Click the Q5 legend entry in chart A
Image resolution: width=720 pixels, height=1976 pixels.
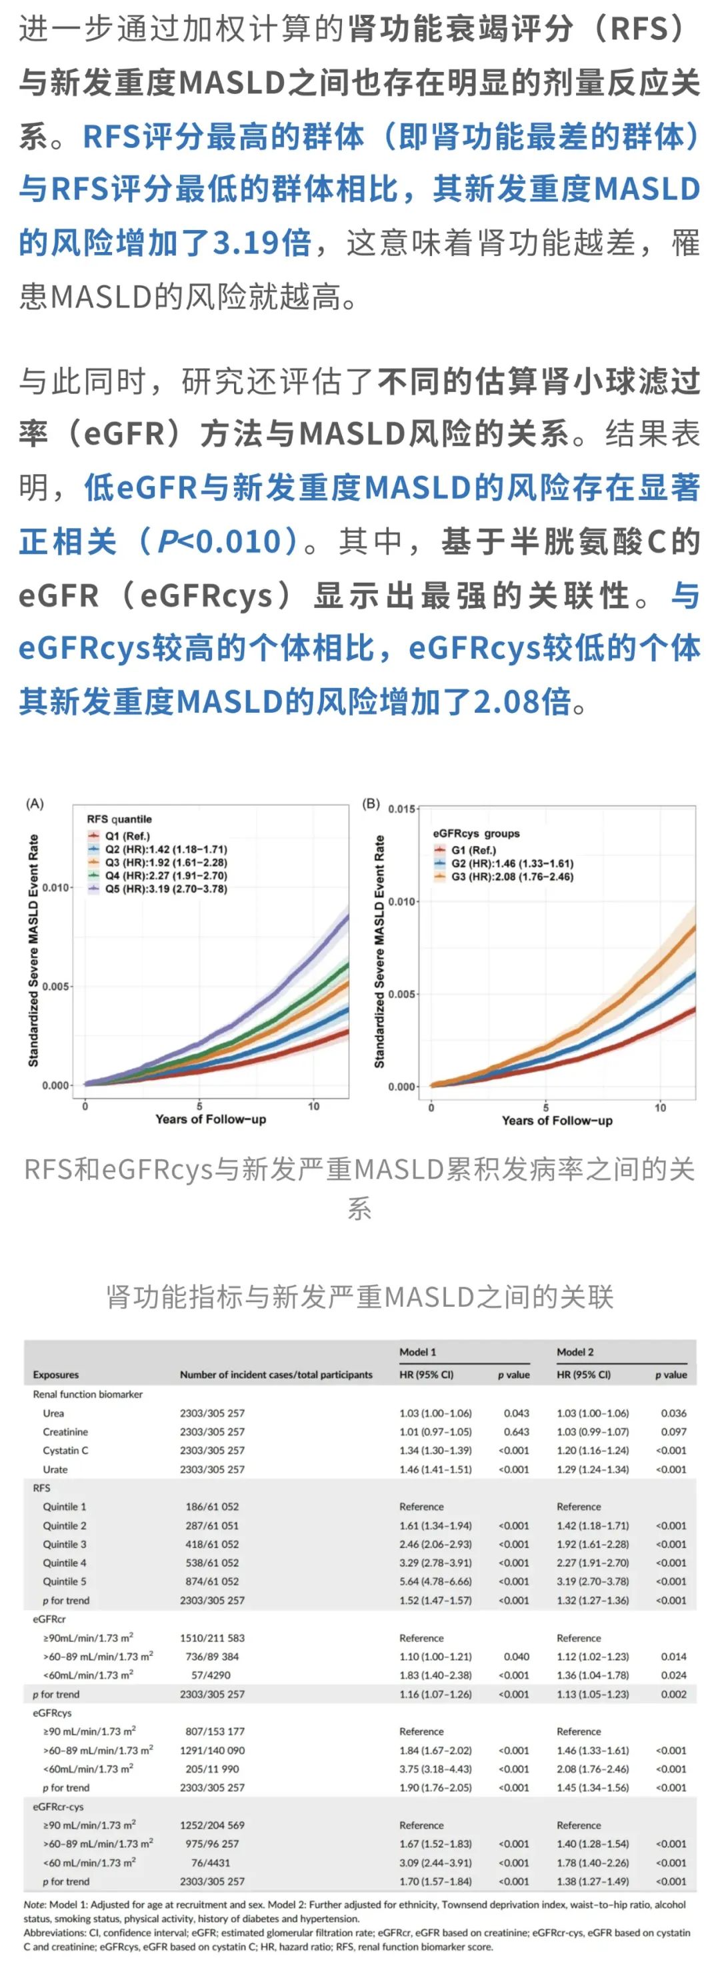(x=165, y=889)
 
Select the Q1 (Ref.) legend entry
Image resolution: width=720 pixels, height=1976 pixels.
(x=127, y=836)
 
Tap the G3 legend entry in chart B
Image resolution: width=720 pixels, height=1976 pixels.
(x=511, y=877)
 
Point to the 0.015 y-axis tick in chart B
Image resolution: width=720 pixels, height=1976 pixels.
(x=402, y=809)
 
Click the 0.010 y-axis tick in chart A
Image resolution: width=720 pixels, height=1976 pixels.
(x=55, y=887)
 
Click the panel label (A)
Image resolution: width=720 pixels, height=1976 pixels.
(x=35, y=803)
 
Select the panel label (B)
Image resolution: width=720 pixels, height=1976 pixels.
(x=371, y=803)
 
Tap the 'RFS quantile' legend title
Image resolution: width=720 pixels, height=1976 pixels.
(x=119, y=819)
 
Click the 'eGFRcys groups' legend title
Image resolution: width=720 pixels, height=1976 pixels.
(x=476, y=833)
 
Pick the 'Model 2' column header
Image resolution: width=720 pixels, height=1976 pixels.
(x=575, y=1351)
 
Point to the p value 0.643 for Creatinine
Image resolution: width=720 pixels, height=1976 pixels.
(x=517, y=1432)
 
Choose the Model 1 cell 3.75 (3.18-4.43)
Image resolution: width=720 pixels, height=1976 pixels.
(x=435, y=1769)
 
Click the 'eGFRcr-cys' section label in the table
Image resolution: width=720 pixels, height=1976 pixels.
(x=58, y=1807)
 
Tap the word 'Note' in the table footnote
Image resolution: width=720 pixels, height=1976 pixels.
(x=35, y=1905)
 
